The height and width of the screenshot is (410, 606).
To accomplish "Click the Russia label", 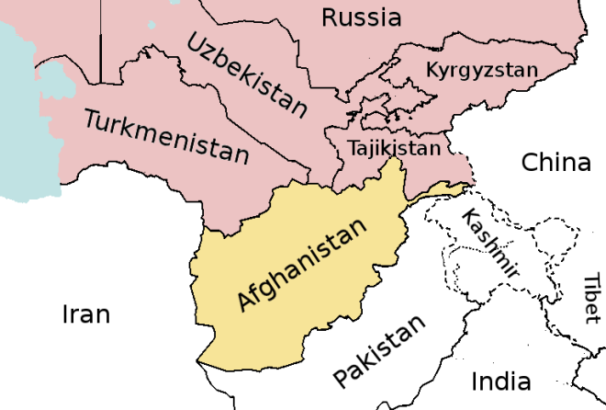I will tap(361, 17).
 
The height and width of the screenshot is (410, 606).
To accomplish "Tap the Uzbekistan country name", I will tap(247, 75).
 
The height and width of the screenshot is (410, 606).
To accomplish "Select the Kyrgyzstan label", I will tap(481, 69).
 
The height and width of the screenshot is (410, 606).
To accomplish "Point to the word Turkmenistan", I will tap(166, 135).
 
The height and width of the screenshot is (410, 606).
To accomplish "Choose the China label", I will tap(555, 163).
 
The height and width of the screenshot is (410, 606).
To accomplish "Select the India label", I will tap(500, 381).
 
